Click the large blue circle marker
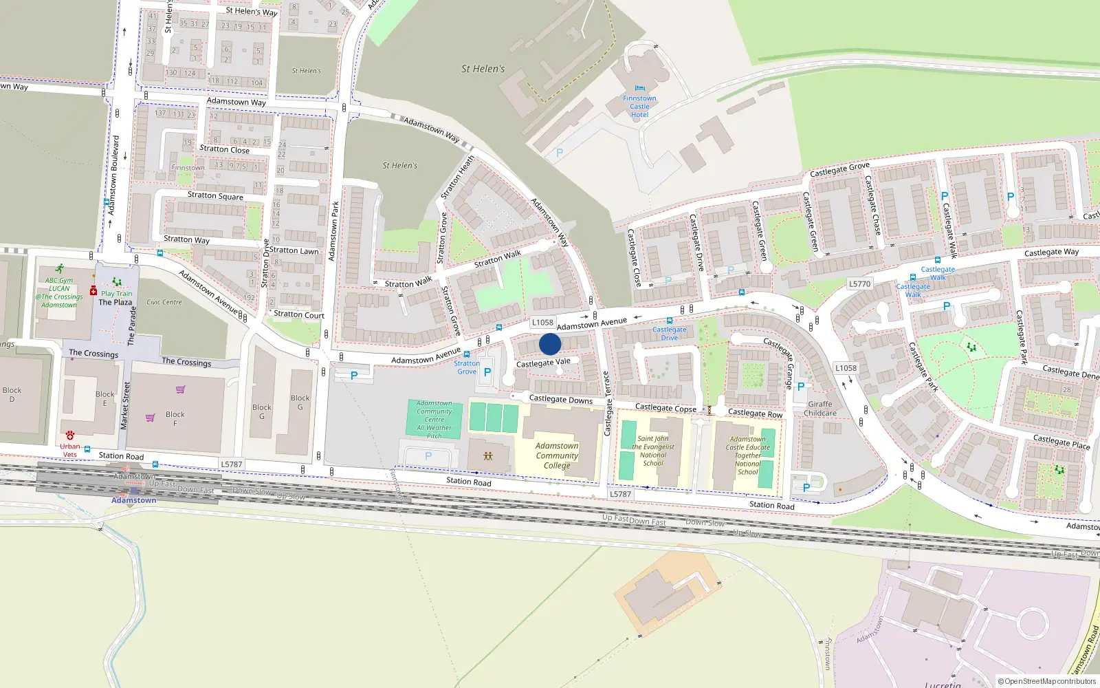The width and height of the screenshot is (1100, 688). click(x=550, y=344)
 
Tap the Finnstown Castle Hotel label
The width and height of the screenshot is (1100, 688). click(x=639, y=107)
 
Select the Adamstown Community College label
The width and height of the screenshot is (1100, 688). click(x=557, y=455)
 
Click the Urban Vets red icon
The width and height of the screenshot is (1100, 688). click(x=70, y=436)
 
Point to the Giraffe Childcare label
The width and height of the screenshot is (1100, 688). click(x=820, y=409)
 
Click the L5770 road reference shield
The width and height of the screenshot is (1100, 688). click(x=859, y=283)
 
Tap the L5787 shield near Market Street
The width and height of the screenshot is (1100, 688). click(x=232, y=464)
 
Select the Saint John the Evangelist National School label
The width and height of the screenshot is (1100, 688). click(x=653, y=451)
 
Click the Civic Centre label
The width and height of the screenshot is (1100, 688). click(x=164, y=302)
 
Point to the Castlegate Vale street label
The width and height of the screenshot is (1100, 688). click(x=543, y=363)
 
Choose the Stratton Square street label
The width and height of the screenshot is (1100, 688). click(x=215, y=195)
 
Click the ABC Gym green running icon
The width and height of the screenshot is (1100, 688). click(x=60, y=269)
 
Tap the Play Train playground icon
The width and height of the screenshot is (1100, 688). click(x=117, y=282)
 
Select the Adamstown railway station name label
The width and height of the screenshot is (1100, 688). click(x=134, y=500)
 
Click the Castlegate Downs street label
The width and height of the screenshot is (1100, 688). click(x=560, y=399)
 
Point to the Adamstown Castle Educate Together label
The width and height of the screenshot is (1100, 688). click(x=748, y=455)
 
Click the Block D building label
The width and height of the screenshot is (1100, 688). click(x=12, y=394)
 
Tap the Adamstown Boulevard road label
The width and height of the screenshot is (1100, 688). click(x=114, y=175)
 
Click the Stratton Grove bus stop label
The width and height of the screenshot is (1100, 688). click(x=467, y=367)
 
